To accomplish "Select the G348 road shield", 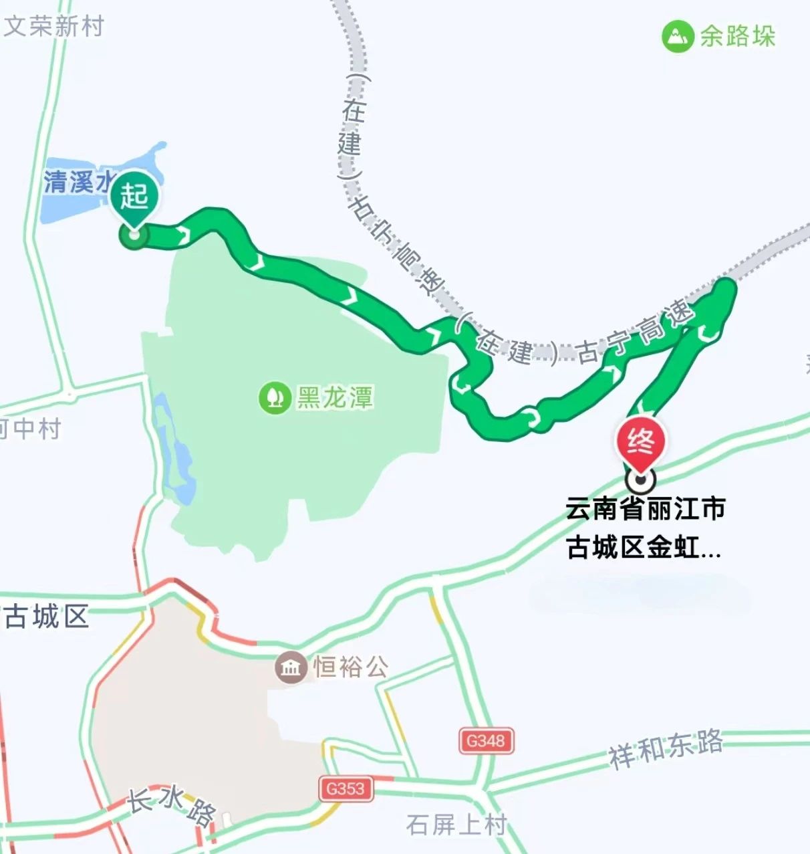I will [486, 741].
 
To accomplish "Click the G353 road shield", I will [345, 788].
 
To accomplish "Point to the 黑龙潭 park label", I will [334, 397].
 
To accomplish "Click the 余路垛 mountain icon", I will [677, 36].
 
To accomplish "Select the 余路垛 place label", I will [737, 36].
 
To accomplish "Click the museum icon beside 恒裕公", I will [291, 667].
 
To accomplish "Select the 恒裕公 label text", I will [350, 667].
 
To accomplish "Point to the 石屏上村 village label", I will [456, 825].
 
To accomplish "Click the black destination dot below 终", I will [640, 479].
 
